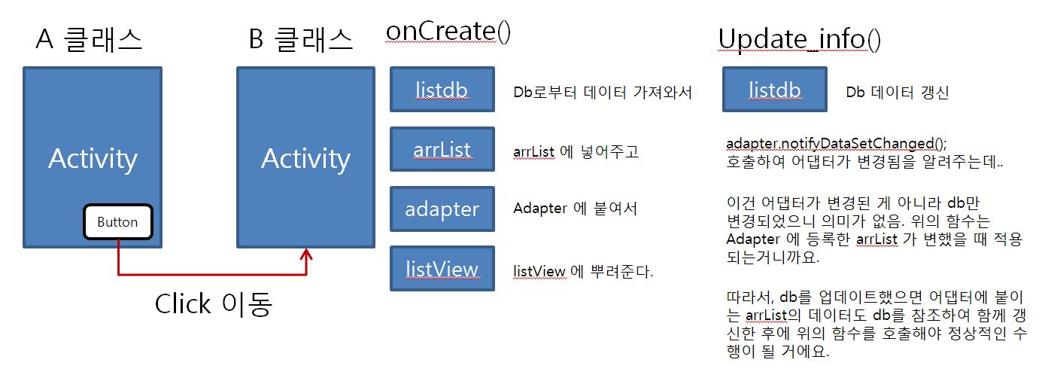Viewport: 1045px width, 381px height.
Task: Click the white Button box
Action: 118,222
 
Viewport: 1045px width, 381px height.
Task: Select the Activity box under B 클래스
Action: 305,157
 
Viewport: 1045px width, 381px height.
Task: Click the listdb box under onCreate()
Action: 442,89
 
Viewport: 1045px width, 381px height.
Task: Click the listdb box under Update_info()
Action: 775,89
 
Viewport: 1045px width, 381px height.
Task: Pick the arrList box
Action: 442,149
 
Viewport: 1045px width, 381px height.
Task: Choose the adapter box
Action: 442,209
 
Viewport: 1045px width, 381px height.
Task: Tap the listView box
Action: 442,269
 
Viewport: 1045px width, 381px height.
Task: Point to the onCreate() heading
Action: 448,32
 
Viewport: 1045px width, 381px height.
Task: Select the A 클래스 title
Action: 89,38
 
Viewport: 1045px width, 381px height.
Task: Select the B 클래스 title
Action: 300,38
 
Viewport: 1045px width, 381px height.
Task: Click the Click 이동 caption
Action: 213,304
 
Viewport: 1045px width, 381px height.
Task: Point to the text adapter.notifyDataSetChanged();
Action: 836,143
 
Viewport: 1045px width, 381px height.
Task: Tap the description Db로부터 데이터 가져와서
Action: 603,92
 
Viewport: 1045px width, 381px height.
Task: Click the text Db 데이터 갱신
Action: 897,92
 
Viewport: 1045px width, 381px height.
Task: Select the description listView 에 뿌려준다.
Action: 583,271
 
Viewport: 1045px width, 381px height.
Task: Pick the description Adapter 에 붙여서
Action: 576,208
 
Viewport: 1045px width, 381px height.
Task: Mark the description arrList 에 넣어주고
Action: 576,151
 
